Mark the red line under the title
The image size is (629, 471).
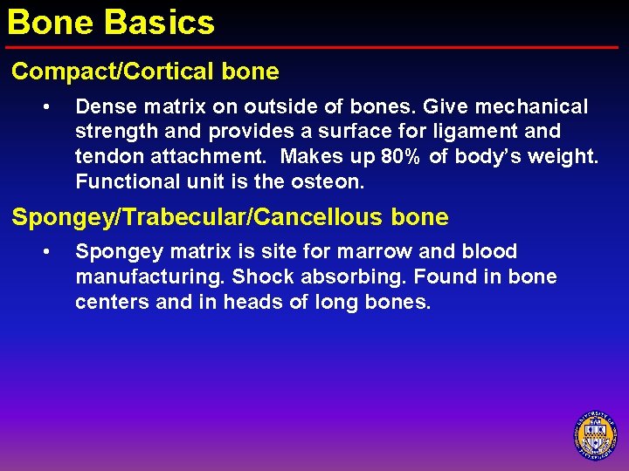click(x=314, y=47)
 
